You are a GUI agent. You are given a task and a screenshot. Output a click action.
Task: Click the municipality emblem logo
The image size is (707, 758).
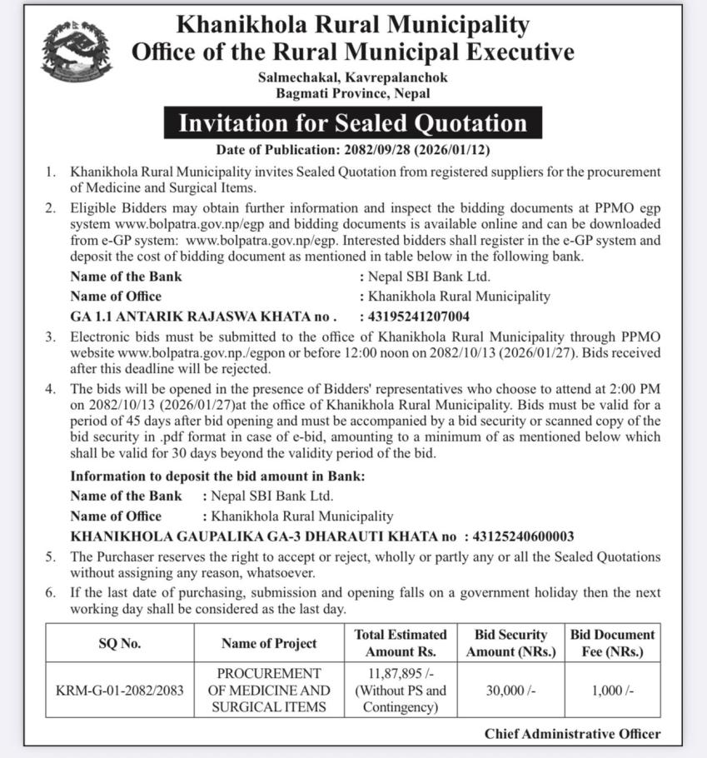point(77,52)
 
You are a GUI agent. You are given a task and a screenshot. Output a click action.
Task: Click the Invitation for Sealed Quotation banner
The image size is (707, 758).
point(353,123)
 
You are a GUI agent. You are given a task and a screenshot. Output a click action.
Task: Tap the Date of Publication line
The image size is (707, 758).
point(353,150)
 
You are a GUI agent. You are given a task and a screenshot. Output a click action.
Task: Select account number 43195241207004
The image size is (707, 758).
point(414,317)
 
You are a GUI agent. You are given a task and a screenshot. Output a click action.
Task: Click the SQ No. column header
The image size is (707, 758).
point(120,643)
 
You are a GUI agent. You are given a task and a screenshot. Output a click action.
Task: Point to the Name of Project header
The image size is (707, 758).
point(269,643)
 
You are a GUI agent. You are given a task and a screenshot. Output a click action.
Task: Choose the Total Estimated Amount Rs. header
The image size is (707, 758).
point(401,643)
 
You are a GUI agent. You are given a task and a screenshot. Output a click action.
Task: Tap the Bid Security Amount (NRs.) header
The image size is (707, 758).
point(510,643)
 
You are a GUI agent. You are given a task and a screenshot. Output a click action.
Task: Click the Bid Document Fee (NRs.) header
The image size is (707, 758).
point(613,643)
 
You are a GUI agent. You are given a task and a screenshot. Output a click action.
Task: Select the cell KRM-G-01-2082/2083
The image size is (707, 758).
point(120,691)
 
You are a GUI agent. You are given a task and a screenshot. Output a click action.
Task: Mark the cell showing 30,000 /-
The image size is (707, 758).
point(510,691)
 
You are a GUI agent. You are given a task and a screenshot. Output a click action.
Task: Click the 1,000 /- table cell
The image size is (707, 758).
point(613,691)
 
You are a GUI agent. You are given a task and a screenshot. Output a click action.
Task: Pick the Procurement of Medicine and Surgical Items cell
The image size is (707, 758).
point(269,691)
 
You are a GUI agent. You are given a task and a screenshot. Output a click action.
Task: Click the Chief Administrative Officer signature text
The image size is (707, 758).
point(572,734)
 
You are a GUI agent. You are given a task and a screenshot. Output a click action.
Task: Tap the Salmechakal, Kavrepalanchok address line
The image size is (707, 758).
point(353,77)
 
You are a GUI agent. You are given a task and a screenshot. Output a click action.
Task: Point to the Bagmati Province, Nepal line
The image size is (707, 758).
point(353,94)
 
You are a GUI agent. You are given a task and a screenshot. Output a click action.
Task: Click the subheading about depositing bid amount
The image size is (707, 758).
point(217,476)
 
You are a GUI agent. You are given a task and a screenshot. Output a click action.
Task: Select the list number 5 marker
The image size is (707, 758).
point(51,556)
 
